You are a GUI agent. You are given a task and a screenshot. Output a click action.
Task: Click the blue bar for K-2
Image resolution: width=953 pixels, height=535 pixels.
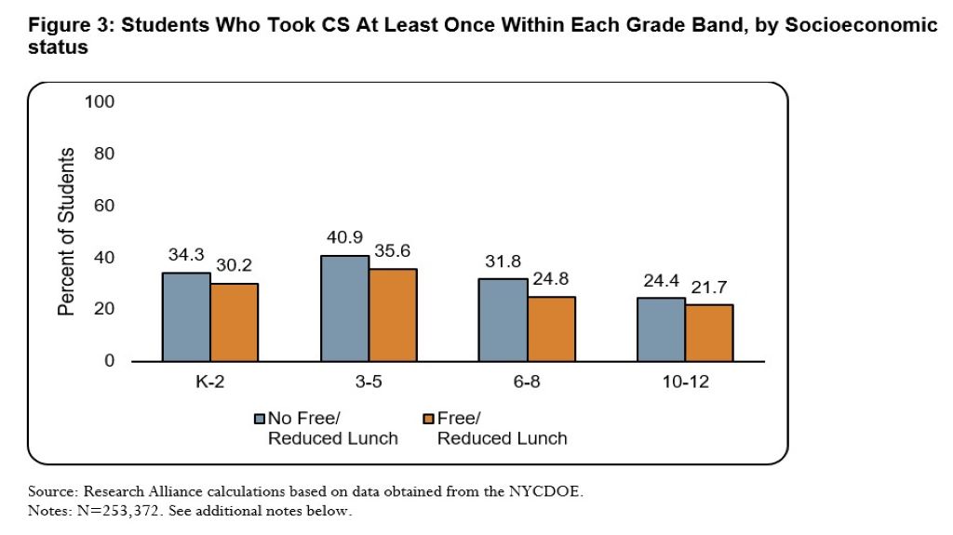(186, 316)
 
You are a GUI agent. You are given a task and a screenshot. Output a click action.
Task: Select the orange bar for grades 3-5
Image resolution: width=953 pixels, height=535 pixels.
(392, 314)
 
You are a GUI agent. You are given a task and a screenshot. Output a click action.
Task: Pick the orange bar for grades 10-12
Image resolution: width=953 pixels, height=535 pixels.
(709, 332)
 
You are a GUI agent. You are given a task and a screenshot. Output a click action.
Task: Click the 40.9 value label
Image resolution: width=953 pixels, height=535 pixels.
(345, 239)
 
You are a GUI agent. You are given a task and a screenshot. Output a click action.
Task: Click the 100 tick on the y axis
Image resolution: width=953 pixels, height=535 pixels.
(100, 101)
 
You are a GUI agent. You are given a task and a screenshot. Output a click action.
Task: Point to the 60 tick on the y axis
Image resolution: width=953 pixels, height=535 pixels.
(104, 206)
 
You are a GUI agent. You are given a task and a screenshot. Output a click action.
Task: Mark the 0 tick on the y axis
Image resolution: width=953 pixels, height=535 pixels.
(109, 361)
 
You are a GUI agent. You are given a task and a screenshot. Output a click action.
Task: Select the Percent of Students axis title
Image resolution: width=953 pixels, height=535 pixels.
(67, 231)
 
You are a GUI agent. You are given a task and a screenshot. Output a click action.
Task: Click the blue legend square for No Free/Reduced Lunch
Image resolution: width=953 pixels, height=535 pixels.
(260, 419)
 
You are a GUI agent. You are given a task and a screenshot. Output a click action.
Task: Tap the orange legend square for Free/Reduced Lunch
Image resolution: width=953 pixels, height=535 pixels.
(429, 419)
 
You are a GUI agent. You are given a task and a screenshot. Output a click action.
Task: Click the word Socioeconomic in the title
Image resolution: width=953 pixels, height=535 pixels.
(866, 26)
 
